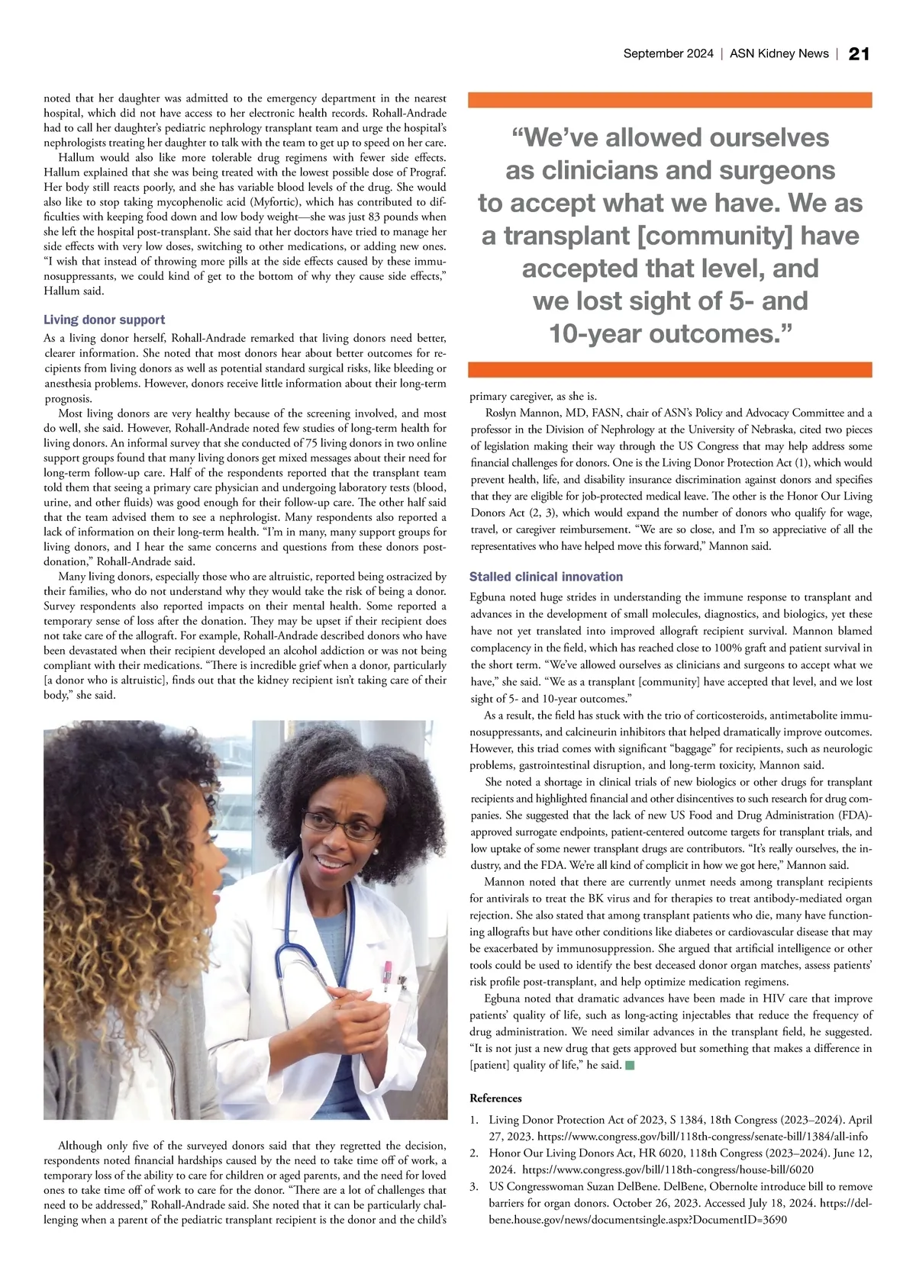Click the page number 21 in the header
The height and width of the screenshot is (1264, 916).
(x=859, y=53)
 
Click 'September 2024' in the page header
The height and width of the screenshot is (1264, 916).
(x=668, y=53)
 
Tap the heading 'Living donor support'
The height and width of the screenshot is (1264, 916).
(x=104, y=320)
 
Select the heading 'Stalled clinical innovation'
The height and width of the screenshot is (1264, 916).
(x=546, y=577)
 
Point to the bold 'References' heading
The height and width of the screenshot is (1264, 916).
(x=495, y=1098)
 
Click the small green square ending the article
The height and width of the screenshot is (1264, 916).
(x=630, y=1065)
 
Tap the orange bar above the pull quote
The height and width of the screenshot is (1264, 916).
(x=669, y=100)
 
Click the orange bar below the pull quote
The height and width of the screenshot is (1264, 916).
(x=669, y=370)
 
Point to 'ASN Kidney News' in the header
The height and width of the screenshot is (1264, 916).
(x=779, y=53)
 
